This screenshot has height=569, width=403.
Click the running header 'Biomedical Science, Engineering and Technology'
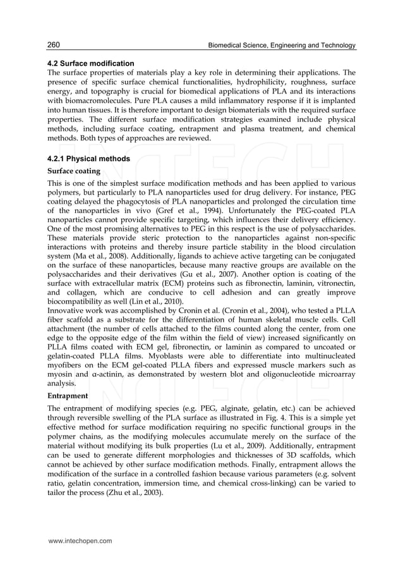277,46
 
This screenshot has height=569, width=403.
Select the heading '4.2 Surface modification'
91,63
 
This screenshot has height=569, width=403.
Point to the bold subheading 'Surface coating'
73,171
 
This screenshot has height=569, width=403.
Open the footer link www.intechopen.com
80,541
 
